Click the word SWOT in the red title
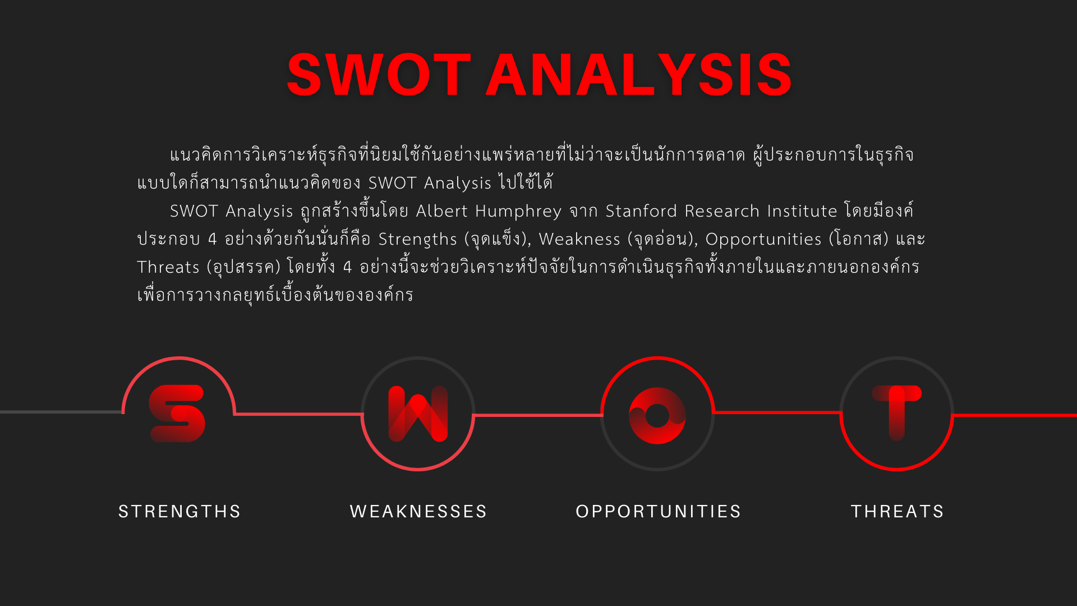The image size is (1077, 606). tap(379, 75)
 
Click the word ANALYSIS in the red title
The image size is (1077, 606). tap(639, 75)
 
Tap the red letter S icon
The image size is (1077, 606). tap(177, 414)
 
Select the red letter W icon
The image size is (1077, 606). tap(418, 414)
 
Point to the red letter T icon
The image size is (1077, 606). tap(897, 412)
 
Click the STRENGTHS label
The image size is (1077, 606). tap(179, 512)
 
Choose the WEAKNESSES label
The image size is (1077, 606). tap(418, 512)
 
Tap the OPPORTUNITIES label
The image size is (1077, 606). tap(659, 512)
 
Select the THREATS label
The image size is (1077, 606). tap(897, 512)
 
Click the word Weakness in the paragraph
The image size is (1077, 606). tap(579, 239)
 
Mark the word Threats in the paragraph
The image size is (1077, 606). tap(168, 267)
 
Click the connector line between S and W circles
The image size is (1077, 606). tap(298, 414)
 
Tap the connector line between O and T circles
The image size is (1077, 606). tap(777, 412)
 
